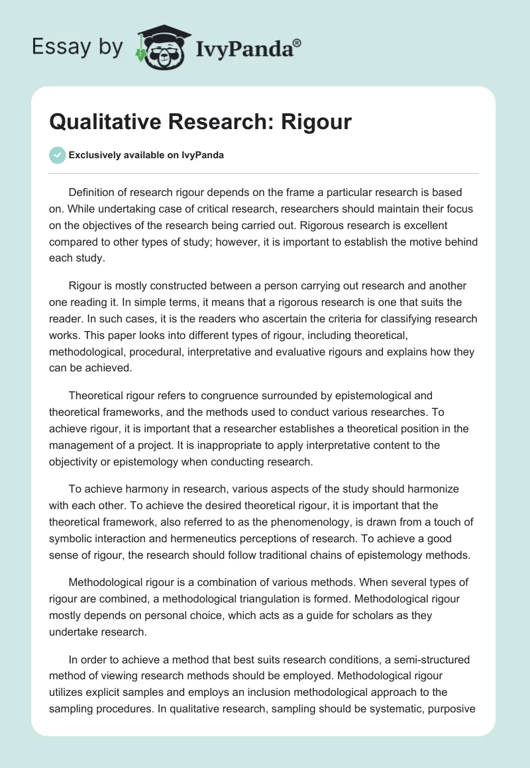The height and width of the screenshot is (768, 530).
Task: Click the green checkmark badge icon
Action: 57,155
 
